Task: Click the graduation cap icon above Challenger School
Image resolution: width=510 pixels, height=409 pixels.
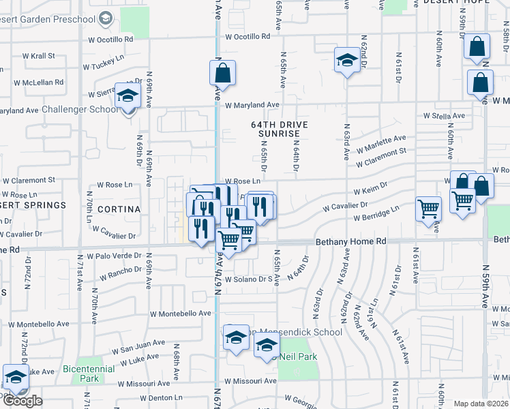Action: (127, 97)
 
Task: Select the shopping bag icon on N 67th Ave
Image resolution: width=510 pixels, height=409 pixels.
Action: (223, 73)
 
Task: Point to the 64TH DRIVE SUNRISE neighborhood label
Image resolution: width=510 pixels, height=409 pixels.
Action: (280, 130)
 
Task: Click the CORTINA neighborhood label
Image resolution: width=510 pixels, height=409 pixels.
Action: (119, 209)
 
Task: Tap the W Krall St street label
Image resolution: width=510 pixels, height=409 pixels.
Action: (39, 55)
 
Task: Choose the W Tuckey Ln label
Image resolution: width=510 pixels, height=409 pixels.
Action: (104, 63)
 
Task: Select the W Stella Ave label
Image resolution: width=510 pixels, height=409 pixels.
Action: (444, 117)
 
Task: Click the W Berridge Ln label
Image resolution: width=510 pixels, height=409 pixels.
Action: (376, 215)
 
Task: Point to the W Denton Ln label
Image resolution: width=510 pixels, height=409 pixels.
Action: (160, 397)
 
